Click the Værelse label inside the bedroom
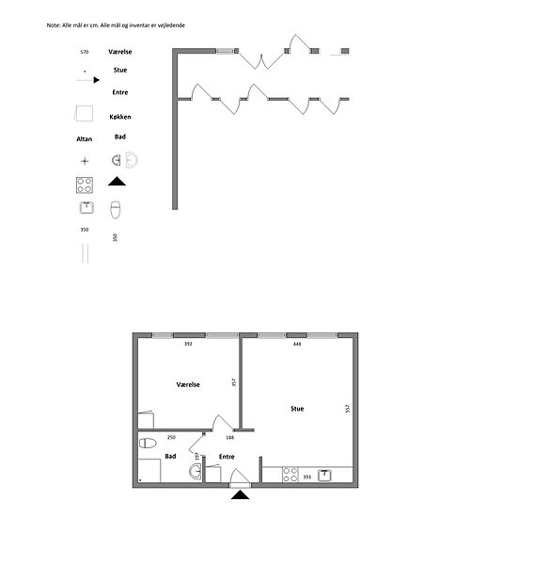tap(188, 384)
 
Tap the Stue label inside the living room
tap(297, 409)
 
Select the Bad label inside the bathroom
tap(170, 456)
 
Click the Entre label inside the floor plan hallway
tap(227, 457)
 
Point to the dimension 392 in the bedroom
tap(188, 344)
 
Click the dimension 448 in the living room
tap(297, 344)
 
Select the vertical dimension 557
tap(348, 409)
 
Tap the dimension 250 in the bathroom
tap(171, 437)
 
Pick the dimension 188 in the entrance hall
tap(229, 438)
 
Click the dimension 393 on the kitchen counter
tap(306, 476)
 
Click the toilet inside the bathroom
tap(148, 443)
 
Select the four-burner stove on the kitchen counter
tap(290, 475)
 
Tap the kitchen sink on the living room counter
tap(324, 476)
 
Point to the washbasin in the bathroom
tap(196, 472)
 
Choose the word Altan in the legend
tap(85, 139)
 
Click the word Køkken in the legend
tap(120, 117)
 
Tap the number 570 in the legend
tap(85, 52)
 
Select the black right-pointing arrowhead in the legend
tap(97, 80)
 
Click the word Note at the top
tap(54, 25)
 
